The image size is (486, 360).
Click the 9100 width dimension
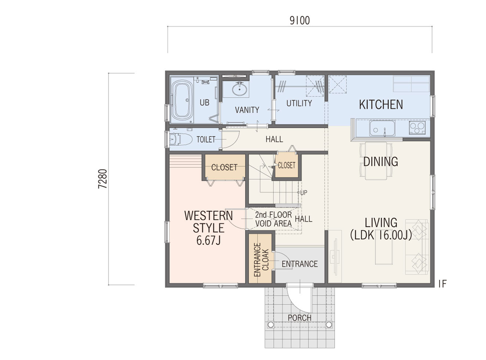click(x=300, y=21)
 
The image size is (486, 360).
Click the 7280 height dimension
click(x=102, y=179)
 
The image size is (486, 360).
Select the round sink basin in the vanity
click(x=239, y=89)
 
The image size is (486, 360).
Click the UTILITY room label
click(x=299, y=103)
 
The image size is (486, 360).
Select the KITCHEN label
click(x=381, y=105)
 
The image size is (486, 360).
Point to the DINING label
click(x=381, y=162)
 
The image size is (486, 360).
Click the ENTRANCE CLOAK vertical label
click(x=261, y=260)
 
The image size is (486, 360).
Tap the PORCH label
click(x=299, y=318)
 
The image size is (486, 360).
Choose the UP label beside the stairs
click(x=304, y=193)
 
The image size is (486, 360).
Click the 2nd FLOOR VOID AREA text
click(x=273, y=219)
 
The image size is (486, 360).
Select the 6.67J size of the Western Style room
click(x=208, y=241)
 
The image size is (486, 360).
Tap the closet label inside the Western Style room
click(x=224, y=167)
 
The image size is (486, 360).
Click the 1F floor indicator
click(x=442, y=284)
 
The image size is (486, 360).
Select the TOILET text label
click(x=206, y=139)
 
